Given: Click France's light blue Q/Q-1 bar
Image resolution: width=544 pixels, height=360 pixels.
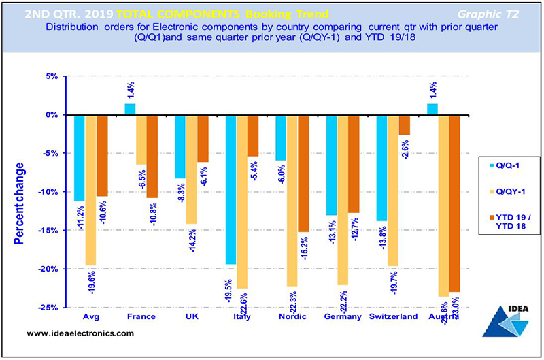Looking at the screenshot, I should click(x=130, y=109).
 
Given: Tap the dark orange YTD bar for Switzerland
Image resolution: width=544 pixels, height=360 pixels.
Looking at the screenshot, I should click(x=404, y=125).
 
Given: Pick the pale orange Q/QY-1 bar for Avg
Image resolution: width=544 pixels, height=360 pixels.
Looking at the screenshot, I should click(x=90, y=190).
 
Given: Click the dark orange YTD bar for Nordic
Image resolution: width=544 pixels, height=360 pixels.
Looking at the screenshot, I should click(x=303, y=174).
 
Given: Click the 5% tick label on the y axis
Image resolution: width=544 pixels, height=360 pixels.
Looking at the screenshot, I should click(x=52, y=77).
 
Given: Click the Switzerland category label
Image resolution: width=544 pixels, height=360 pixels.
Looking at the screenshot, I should click(x=393, y=317).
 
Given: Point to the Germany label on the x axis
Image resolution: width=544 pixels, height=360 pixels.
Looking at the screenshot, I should click(x=343, y=317).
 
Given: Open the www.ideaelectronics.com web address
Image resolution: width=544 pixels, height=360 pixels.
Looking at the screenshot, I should click(x=80, y=333).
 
